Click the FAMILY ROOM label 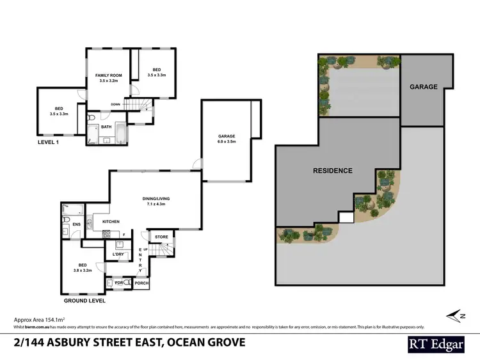(104, 75)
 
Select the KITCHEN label (111, 222)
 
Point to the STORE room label (162, 237)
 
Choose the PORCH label (141, 283)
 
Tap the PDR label (118, 282)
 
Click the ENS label (76, 224)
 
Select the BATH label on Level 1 (106, 127)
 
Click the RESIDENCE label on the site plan (332, 171)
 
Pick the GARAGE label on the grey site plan (423, 87)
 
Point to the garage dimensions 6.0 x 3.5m (227, 142)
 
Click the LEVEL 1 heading (49, 143)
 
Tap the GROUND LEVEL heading (84, 300)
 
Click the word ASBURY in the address (77, 342)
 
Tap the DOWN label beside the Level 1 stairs (116, 104)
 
